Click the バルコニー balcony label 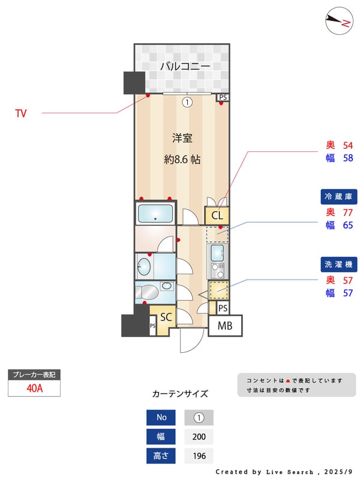click(x=184, y=67)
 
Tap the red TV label click(x=20, y=113)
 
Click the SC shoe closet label click(x=166, y=317)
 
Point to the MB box click(x=225, y=326)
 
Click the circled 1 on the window click(x=187, y=102)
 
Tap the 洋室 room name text click(x=182, y=138)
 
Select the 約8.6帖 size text click(x=182, y=160)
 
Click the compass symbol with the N click(x=338, y=22)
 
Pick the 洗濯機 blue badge click(x=340, y=264)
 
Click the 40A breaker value click(x=35, y=388)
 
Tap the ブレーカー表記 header click(x=35, y=374)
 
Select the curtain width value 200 click(x=199, y=437)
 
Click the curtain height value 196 click(x=199, y=456)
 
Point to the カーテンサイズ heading click(x=180, y=394)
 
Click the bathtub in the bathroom click(x=155, y=213)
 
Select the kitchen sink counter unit click(x=217, y=258)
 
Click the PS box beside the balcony click(x=223, y=97)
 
